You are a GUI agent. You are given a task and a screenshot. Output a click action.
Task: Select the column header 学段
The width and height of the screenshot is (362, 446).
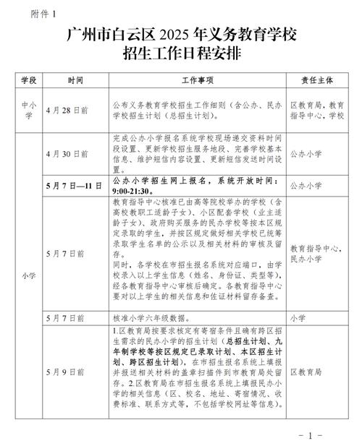click(x=29, y=79)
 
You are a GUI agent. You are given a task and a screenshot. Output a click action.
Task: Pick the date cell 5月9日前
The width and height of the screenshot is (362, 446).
click(x=65, y=371)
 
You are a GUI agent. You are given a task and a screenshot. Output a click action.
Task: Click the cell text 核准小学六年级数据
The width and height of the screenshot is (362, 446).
click(x=151, y=317)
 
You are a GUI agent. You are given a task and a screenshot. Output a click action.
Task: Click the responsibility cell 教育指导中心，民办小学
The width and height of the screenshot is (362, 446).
click(x=316, y=252)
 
